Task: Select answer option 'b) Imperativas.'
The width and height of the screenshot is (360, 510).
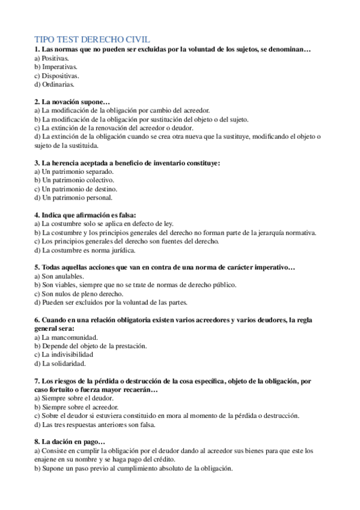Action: (56, 67)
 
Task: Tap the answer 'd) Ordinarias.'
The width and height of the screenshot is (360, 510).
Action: (54, 85)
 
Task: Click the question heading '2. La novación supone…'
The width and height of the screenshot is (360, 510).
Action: (72, 102)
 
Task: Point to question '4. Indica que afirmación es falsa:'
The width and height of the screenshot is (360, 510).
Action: (85, 215)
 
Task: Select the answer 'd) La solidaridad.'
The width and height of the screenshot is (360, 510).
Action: (60, 363)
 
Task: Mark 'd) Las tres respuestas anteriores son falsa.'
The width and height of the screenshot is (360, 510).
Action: (95, 425)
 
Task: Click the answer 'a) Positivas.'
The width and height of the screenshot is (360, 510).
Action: (52, 58)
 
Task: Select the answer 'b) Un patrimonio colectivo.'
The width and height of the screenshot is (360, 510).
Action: (74, 180)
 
